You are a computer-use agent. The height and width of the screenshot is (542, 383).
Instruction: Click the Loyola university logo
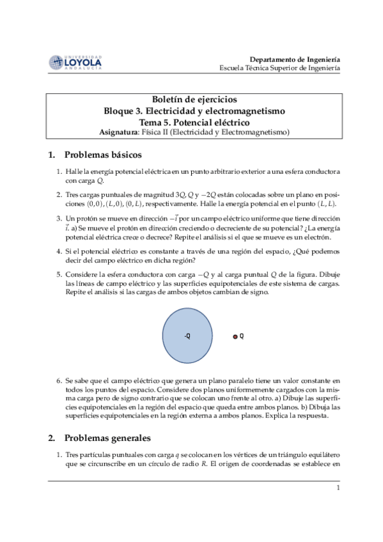pyautogui.click(x=75, y=62)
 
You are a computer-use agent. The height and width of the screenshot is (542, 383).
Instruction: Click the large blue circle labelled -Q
pyautogui.click(x=187, y=336)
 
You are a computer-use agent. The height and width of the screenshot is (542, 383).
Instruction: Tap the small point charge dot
pyautogui.click(x=235, y=336)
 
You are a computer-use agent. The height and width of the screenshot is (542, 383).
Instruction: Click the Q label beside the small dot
pyautogui.click(x=242, y=336)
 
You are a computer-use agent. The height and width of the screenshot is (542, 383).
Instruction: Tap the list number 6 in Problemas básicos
pyautogui.click(x=58, y=380)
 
